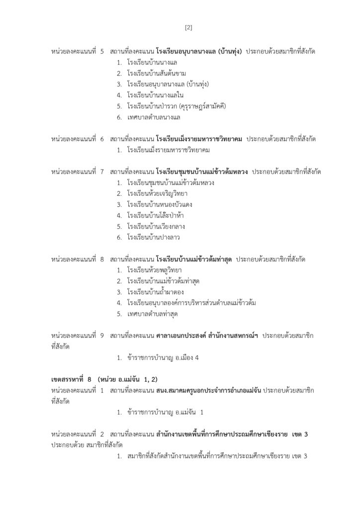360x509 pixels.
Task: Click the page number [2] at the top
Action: (x=188, y=27)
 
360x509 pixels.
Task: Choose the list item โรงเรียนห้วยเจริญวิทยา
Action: (x=157, y=193)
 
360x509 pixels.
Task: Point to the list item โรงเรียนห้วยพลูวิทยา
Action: (x=154, y=270)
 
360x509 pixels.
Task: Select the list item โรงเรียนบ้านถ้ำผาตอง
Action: (x=155, y=292)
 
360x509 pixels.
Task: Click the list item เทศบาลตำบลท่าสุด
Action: (x=153, y=314)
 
